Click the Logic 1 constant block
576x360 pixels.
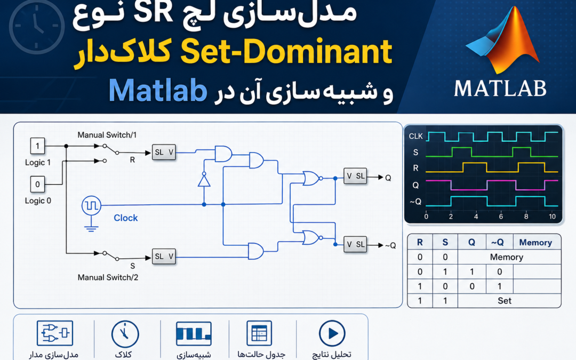coord(37,146)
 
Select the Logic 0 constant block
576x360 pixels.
coord(37,184)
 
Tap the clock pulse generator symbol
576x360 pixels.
coord(91,205)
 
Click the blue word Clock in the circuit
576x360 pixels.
coord(126,218)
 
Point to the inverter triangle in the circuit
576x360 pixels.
coord(204,180)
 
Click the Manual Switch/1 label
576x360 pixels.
coord(107,135)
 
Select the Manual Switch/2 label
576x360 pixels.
coord(108,277)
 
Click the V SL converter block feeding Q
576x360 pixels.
coord(355,176)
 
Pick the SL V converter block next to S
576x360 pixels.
coord(164,257)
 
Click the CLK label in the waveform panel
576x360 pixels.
coord(416,137)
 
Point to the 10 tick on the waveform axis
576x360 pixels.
coord(552,217)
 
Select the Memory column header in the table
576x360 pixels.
coord(535,243)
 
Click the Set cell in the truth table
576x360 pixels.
coord(505,300)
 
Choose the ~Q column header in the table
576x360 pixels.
coord(497,243)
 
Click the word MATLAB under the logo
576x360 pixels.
coord(500,89)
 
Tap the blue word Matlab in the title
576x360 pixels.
coord(158,90)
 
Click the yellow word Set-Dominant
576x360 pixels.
coord(286,52)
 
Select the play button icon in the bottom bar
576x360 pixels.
coord(332,333)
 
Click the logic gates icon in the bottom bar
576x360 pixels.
coord(55,333)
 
